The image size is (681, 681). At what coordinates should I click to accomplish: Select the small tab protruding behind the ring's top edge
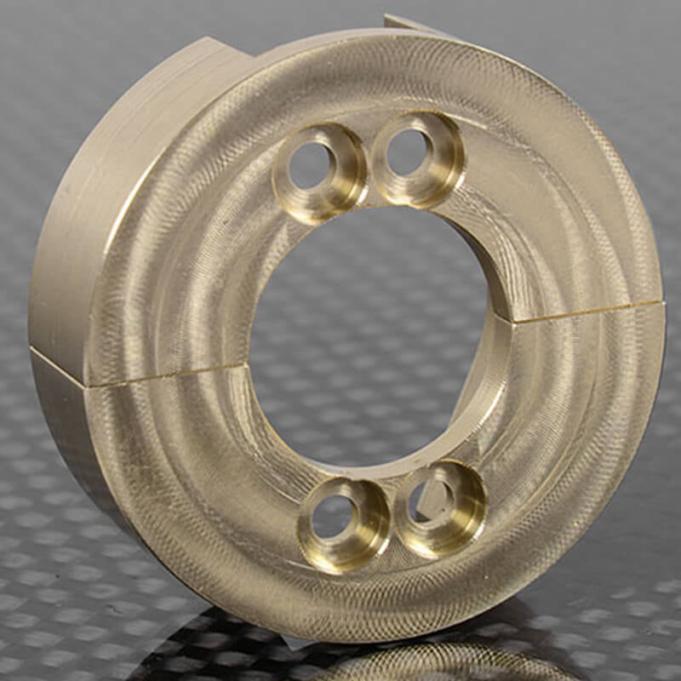[x=409, y=22]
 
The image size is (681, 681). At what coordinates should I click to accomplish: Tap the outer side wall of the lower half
[x=77, y=443]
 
